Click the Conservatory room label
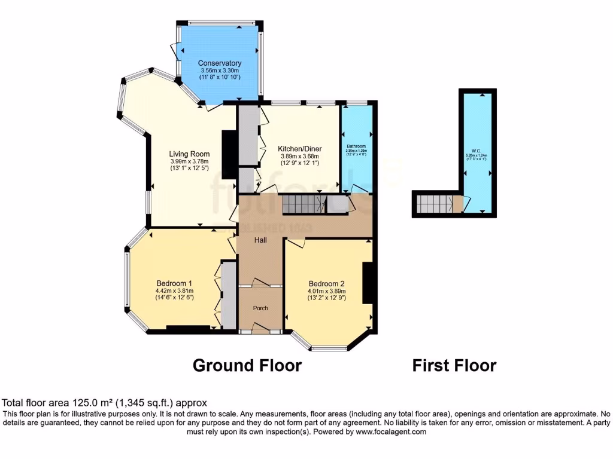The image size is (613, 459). pos(220,63)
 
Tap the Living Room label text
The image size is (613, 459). pos(189,154)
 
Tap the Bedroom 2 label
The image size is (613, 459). pos(327,284)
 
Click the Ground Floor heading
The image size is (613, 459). pos(247,365)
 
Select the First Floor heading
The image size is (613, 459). pos(454,365)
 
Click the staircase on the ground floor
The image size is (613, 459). pos(304,204)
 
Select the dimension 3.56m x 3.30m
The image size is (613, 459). pos(220,71)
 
